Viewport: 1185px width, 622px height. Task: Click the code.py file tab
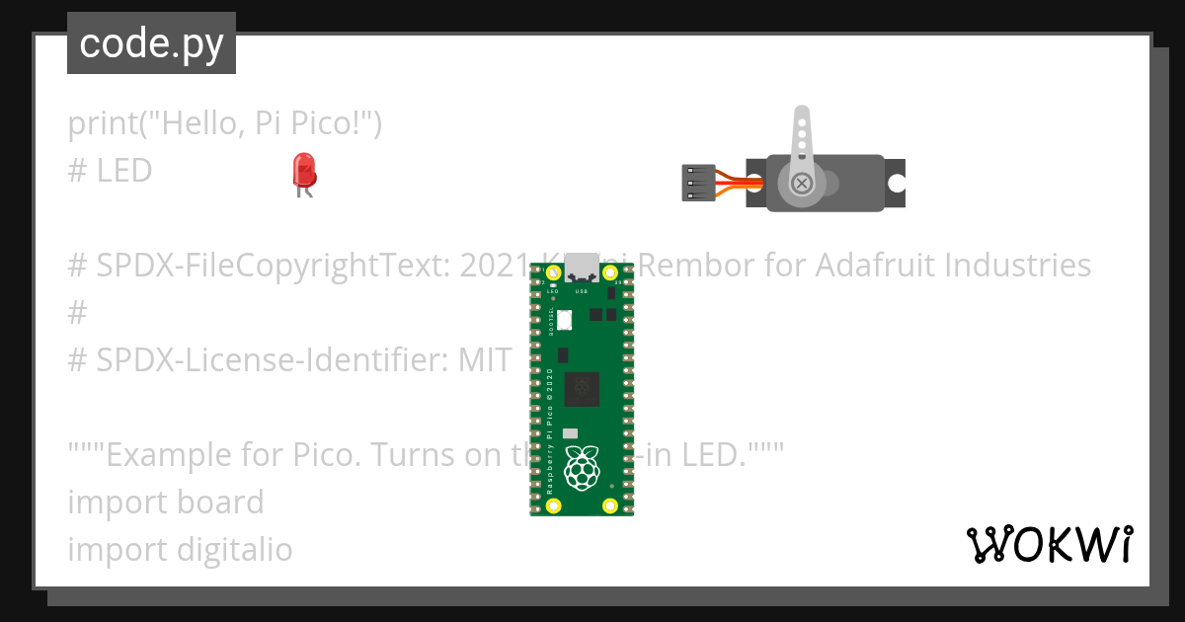(151, 43)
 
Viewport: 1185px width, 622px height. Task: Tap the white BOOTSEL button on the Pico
(564, 320)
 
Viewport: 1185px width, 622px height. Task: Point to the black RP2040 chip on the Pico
(582, 389)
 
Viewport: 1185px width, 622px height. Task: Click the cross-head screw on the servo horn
(803, 183)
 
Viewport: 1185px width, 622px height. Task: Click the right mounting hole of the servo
(897, 183)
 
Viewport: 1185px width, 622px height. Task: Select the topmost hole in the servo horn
(803, 116)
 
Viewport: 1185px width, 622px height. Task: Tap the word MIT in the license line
(485, 360)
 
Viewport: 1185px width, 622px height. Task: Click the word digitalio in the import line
(235, 549)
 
